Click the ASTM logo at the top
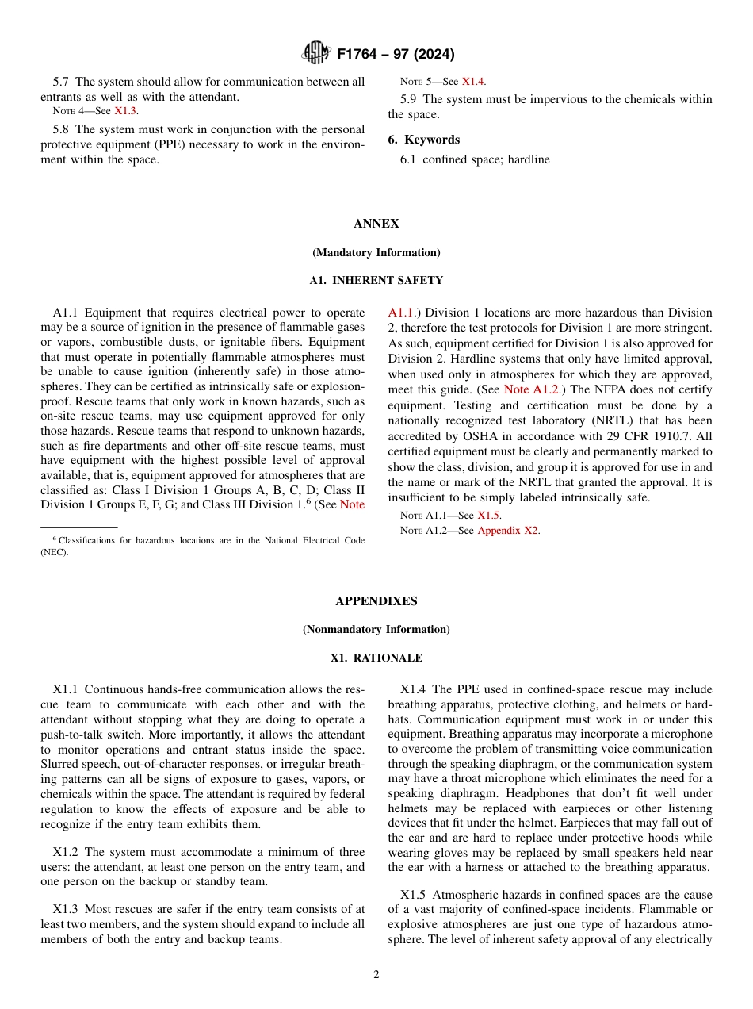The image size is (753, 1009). pyautogui.click(x=317, y=54)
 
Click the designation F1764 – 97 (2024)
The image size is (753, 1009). pyautogui.click(x=396, y=55)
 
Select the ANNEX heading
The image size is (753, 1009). pyautogui.click(x=376, y=224)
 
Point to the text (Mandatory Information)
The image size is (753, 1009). pyautogui.click(x=376, y=252)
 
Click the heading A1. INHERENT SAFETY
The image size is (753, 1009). pyautogui.click(x=376, y=280)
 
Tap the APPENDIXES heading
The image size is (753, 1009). pyautogui.click(x=376, y=600)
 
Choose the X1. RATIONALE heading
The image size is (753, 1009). pyautogui.click(x=376, y=658)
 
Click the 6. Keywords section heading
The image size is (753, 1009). pyautogui.click(x=424, y=140)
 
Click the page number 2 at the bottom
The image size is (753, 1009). pyautogui.click(x=376, y=975)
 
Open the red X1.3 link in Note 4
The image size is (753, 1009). pyautogui.click(x=125, y=111)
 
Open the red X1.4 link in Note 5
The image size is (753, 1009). pyautogui.click(x=473, y=82)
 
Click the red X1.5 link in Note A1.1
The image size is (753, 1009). pyautogui.click(x=488, y=515)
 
